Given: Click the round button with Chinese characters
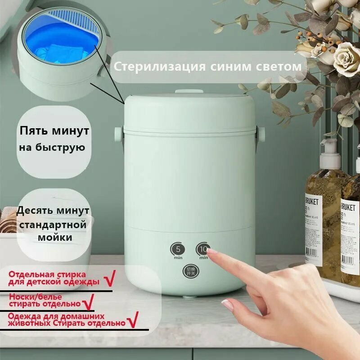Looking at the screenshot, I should [189, 271].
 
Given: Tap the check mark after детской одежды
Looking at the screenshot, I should [109, 280].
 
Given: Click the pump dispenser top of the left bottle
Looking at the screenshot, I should [330, 149].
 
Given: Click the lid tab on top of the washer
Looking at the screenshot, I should [188, 91].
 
